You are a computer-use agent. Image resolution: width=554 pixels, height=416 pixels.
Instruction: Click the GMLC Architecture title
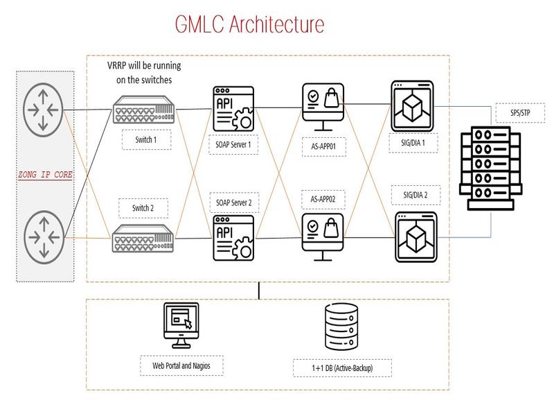[249, 25]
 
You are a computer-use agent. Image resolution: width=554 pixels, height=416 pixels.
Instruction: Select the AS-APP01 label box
[323, 148]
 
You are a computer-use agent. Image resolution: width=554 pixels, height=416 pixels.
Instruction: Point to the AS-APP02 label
[323, 198]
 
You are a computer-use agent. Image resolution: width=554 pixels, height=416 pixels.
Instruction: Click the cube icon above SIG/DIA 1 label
[411, 105]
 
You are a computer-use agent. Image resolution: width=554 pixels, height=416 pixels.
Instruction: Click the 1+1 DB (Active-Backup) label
[342, 367]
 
